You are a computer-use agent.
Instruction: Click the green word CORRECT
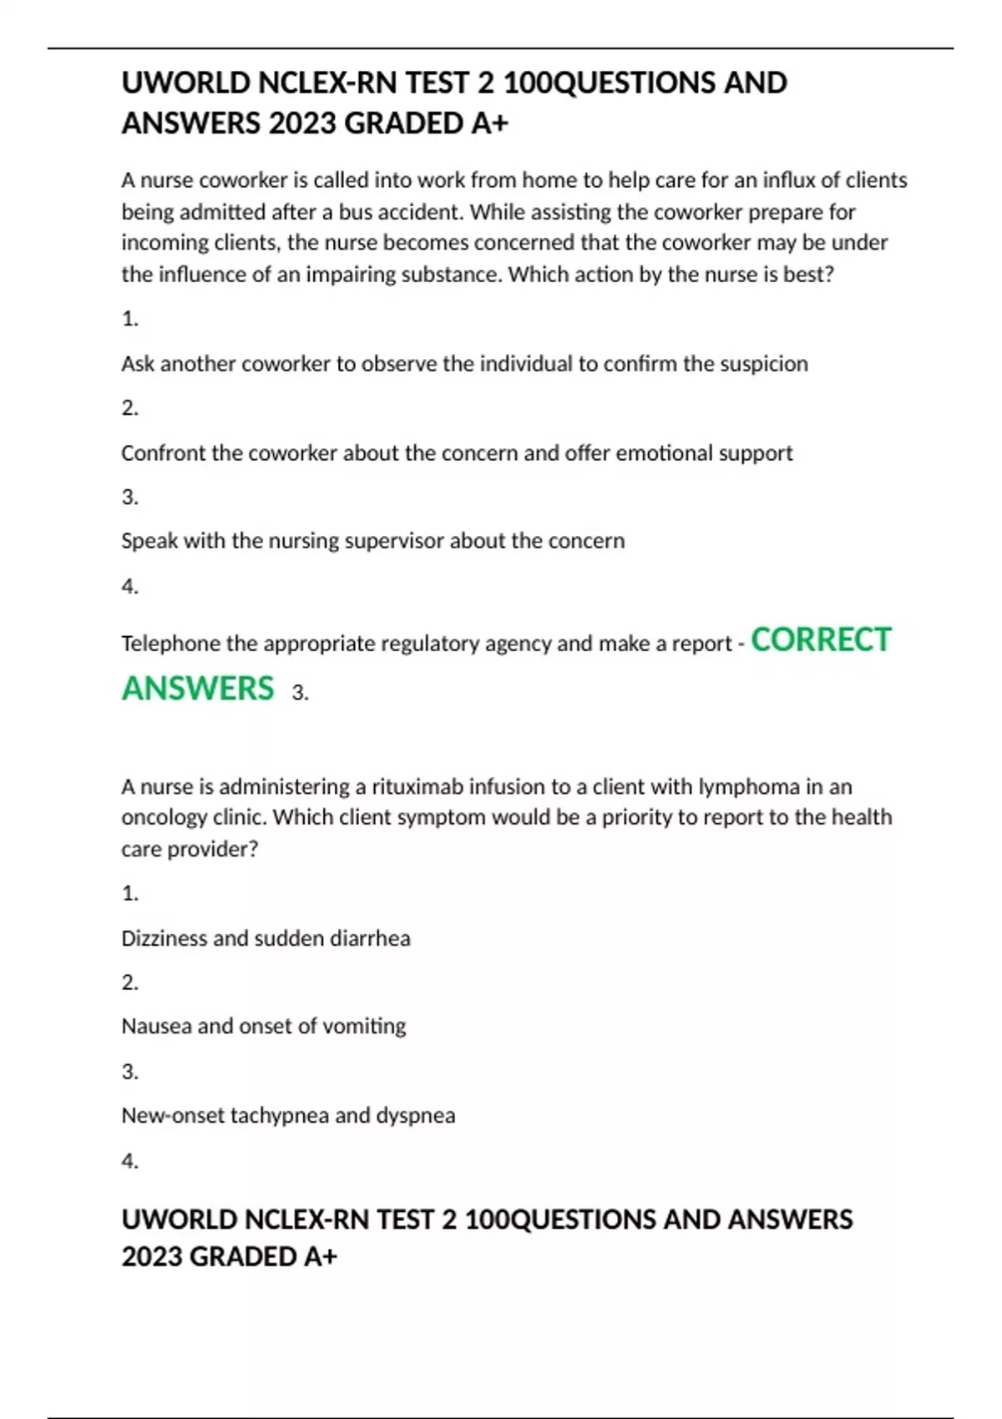pos(821,640)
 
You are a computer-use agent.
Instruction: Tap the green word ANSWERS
pos(198,689)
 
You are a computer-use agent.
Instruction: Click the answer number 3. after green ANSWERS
pos(301,693)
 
